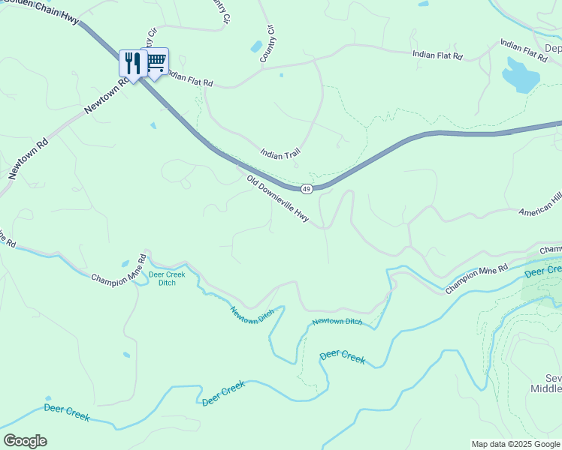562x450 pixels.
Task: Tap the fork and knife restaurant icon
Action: (x=133, y=63)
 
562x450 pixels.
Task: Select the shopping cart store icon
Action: (x=156, y=61)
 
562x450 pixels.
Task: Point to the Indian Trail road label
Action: (x=280, y=154)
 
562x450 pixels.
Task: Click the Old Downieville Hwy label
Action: (x=278, y=198)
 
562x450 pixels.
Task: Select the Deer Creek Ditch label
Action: (x=167, y=279)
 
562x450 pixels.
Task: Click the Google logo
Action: (x=25, y=441)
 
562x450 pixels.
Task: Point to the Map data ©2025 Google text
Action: (x=515, y=444)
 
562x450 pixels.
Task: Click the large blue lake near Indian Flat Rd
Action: (x=521, y=75)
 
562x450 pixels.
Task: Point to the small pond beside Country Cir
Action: (x=256, y=47)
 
